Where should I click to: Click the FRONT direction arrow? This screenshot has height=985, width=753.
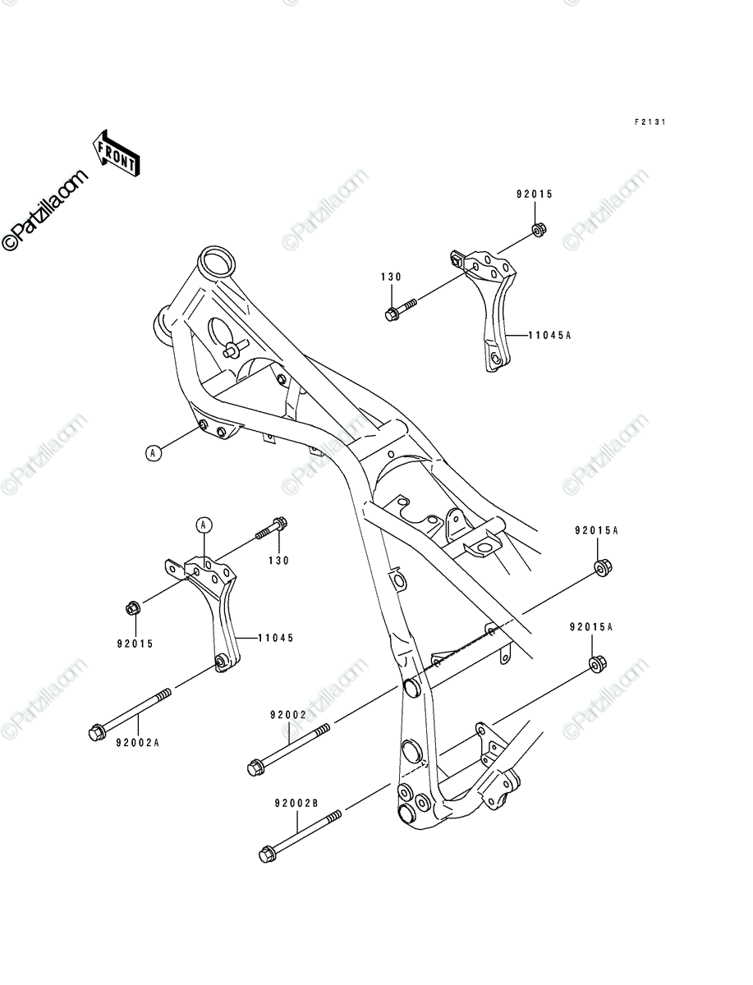116,153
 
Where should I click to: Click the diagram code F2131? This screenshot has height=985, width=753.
650,122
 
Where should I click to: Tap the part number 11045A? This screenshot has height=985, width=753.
549,335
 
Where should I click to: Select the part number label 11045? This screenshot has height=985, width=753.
276,638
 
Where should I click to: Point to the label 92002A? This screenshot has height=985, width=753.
138,743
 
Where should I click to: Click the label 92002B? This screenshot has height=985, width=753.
296,804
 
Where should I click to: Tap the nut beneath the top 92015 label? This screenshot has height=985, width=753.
539,229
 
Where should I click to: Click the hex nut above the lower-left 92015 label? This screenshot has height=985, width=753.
133,608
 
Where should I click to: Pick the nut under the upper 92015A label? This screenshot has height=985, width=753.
603,568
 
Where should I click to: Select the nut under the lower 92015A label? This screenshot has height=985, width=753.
597,664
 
